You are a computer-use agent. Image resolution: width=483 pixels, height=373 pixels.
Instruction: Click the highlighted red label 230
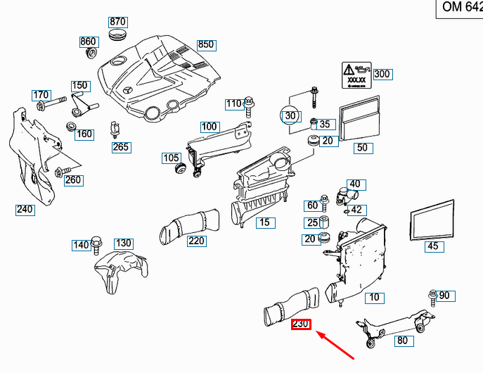(x=301, y=324)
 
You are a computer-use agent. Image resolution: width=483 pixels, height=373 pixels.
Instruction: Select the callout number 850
(x=205, y=45)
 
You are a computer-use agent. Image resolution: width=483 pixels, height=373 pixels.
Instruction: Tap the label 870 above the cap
(x=117, y=22)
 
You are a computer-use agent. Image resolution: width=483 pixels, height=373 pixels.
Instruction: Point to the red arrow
(x=340, y=346)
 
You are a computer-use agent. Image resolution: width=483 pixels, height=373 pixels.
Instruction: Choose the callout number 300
(x=382, y=74)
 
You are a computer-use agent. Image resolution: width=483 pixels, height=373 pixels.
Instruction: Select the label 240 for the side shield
(x=25, y=209)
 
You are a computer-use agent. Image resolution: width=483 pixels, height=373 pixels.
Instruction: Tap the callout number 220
(x=196, y=241)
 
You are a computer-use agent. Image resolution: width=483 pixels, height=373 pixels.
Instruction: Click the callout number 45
(x=433, y=246)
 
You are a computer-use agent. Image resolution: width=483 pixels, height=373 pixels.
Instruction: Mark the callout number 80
(x=402, y=341)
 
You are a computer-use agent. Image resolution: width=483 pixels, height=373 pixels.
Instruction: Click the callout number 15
(x=264, y=223)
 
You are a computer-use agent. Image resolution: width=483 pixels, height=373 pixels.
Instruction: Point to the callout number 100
(x=209, y=127)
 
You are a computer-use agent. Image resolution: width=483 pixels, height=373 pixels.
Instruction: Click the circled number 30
(x=290, y=115)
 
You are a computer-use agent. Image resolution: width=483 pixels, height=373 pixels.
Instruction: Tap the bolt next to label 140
(x=96, y=246)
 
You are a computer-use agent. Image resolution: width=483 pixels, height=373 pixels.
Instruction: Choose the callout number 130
(x=124, y=244)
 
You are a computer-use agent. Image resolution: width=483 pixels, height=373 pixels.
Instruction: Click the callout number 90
(x=444, y=296)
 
